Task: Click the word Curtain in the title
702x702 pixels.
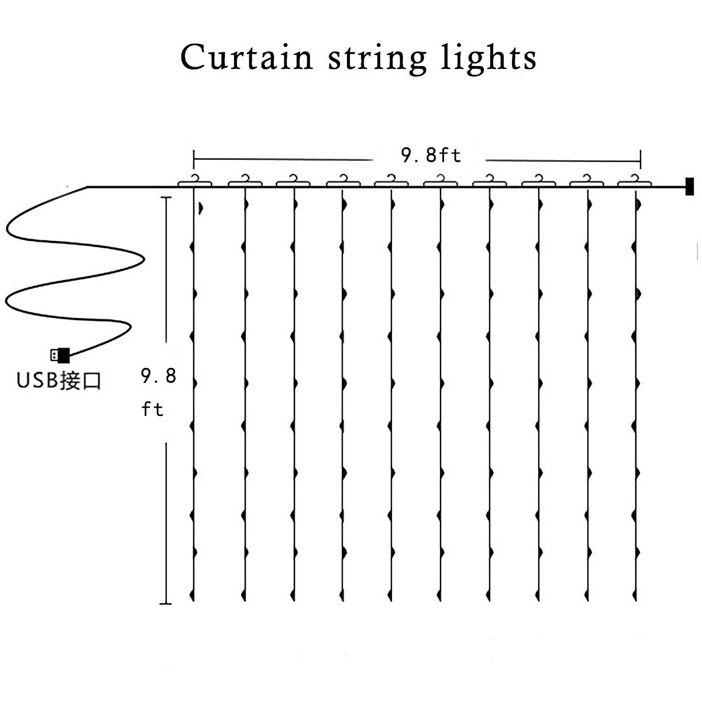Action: (x=247, y=57)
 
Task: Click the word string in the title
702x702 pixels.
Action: (x=377, y=59)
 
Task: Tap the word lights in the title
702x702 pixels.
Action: (x=488, y=59)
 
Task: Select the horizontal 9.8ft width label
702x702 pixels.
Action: (x=431, y=155)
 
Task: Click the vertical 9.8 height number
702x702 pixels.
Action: (x=159, y=376)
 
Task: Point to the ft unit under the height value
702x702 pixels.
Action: (x=152, y=409)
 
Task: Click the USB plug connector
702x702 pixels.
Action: (x=60, y=355)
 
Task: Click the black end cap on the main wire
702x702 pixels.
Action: (x=689, y=187)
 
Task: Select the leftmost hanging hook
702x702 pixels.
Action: (x=195, y=181)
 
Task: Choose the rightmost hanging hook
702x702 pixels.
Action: (x=634, y=181)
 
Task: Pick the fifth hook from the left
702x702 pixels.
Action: (x=391, y=181)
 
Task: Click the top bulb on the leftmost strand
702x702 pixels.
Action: (x=201, y=208)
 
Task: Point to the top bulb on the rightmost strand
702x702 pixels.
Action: (x=638, y=205)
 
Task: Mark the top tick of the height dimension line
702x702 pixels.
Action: (x=166, y=198)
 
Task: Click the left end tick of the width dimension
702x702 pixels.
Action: (x=194, y=159)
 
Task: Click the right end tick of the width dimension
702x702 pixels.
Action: (x=641, y=159)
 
